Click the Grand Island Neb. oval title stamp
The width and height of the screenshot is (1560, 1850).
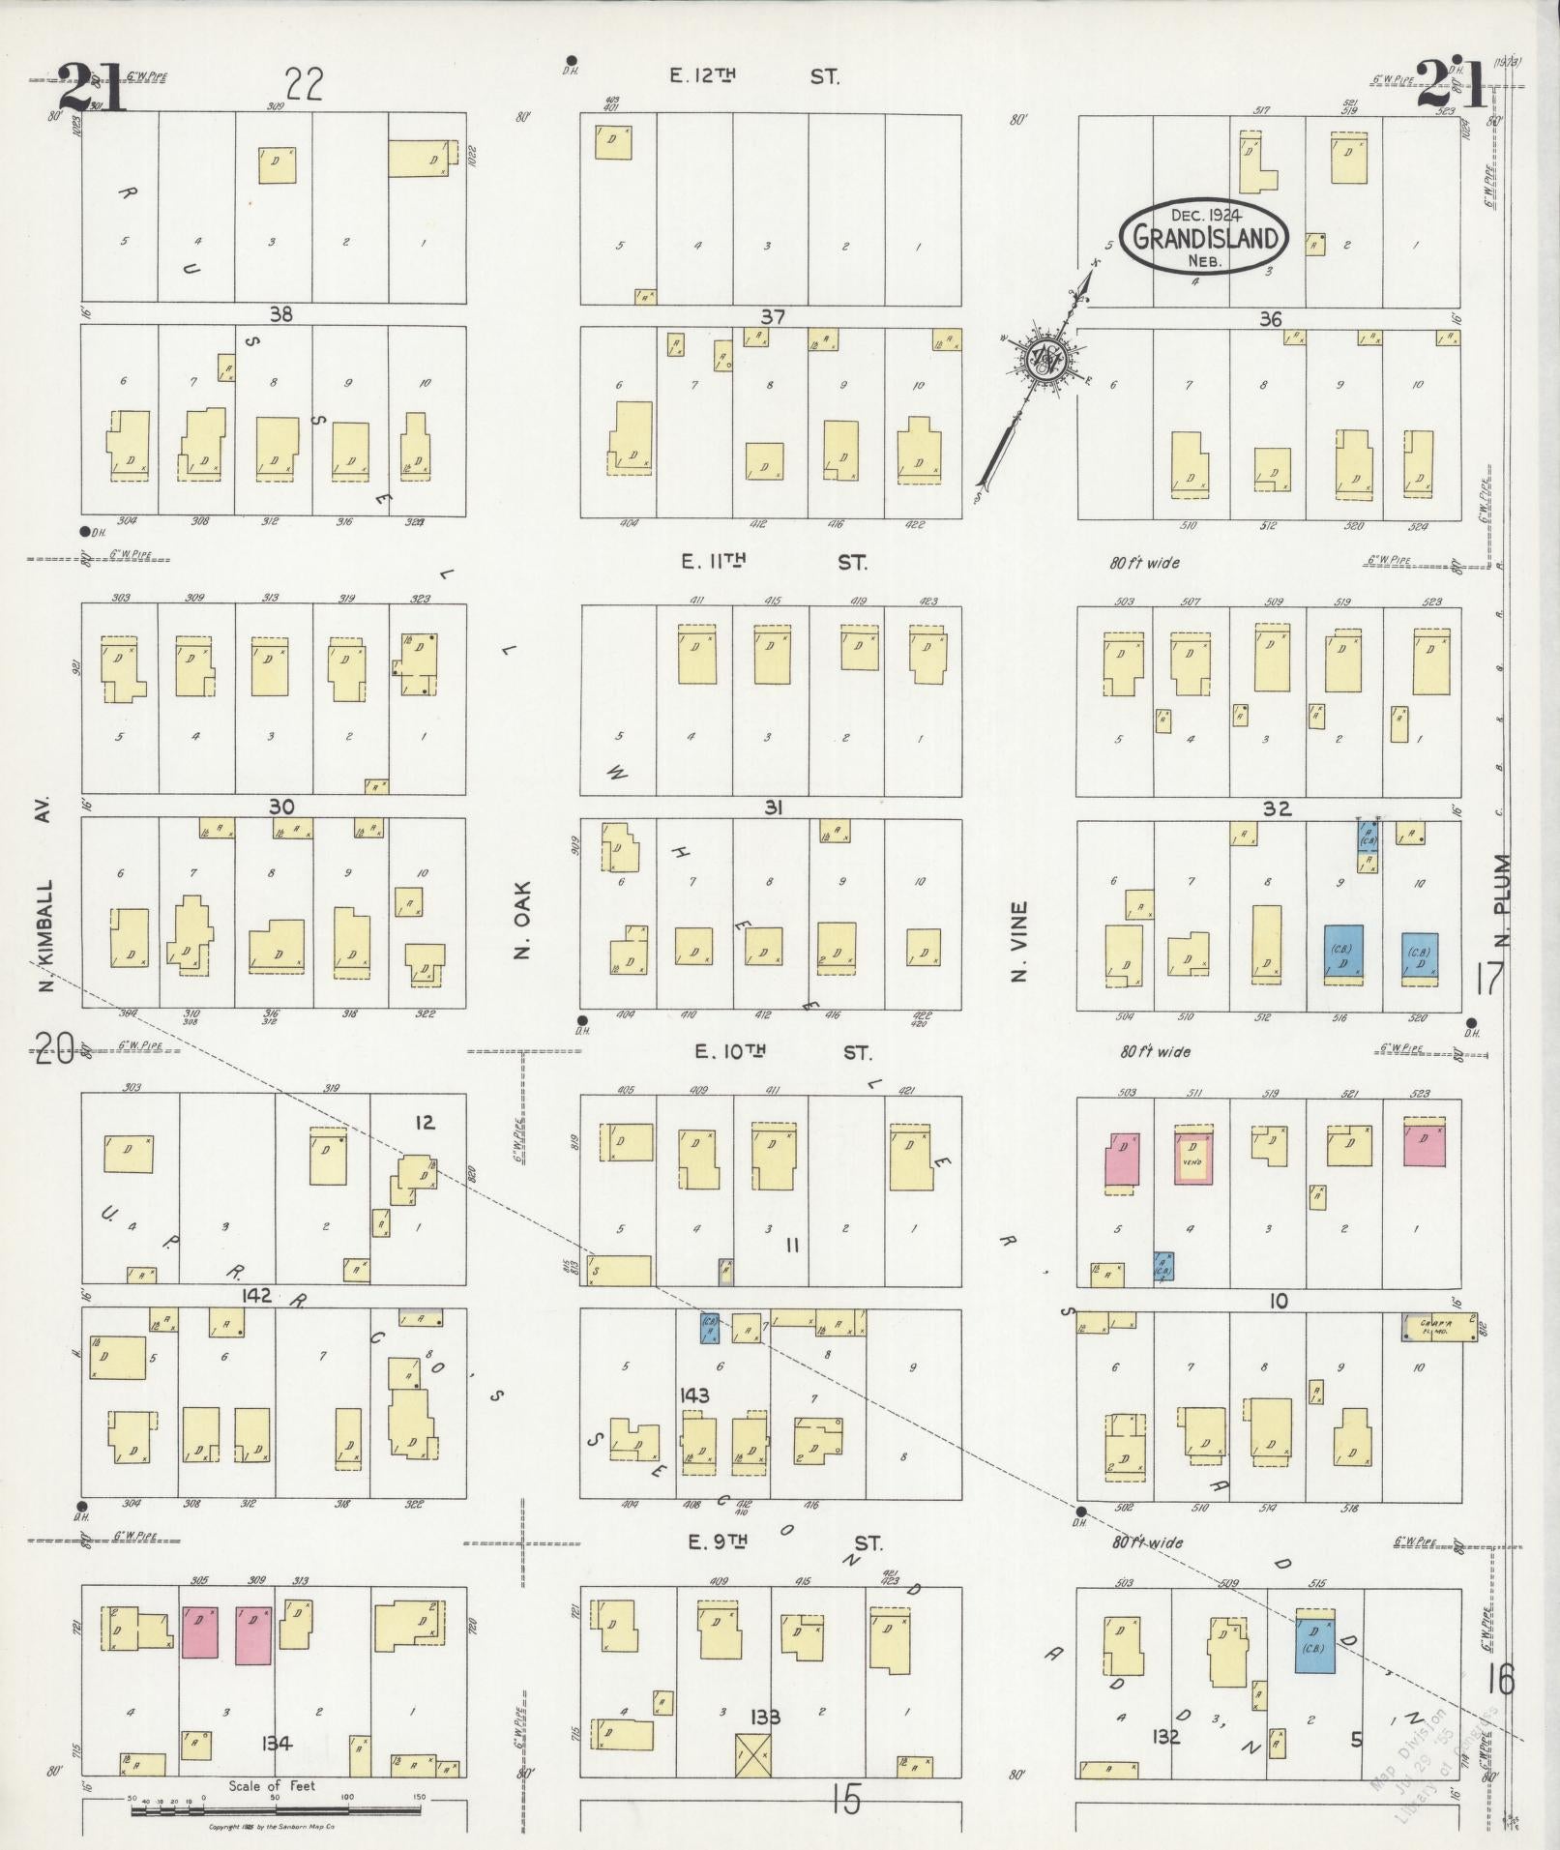coord(1204,237)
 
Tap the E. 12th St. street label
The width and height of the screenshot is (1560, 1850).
coord(754,75)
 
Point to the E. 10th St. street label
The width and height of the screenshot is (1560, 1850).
coord(783,1051)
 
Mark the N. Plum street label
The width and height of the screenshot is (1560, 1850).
coord(1502,899)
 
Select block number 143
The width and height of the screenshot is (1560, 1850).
coord(694,1395)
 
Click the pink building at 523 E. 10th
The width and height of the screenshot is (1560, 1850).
coord(1425,1143)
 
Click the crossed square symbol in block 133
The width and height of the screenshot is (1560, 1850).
coord(753,1750)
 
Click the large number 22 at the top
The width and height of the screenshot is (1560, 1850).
coord(303,85)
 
